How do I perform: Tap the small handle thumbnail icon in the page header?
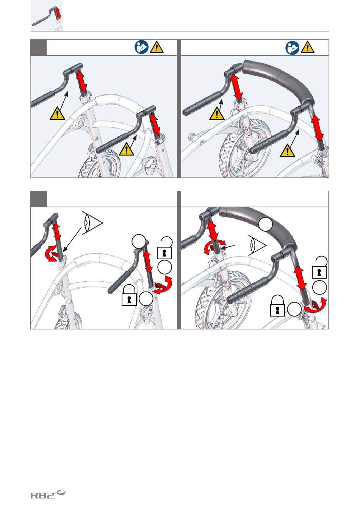47,15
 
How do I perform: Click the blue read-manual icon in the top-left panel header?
141,47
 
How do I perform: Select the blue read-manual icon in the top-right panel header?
292,48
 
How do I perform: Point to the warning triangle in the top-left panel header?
157,47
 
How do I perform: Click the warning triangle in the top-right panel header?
308,47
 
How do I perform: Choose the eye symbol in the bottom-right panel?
257,245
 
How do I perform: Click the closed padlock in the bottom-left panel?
129,295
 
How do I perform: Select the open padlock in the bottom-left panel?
164,248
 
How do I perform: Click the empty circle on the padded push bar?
266,224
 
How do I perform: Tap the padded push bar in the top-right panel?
278,80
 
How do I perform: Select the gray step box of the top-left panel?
39,47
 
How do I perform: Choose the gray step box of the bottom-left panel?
39,199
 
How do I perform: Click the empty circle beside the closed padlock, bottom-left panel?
146,299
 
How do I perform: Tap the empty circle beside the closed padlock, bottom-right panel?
294,309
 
